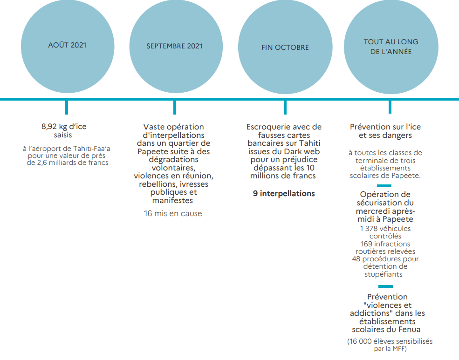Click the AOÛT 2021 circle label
click(x=67, y=45)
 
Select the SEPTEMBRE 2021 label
click(x=174, y=46)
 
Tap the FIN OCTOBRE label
click(x=285, y=48)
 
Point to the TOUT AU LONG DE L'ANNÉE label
click(x=391, y=47)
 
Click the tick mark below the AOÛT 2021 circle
click(x=67, y=107)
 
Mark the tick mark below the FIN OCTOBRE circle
click(x=285, y=107)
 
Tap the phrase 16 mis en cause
click(x=173, y=213)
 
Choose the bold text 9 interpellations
click(x=284, y=193)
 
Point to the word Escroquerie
click(x=265, y=127)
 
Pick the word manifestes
click(x=172, y=201)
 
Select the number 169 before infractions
click(x=366, y=244)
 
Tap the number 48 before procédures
click(x=356, y=259)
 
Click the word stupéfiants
click(x=384, y=274)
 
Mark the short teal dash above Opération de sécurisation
click(x=384, y=186)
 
